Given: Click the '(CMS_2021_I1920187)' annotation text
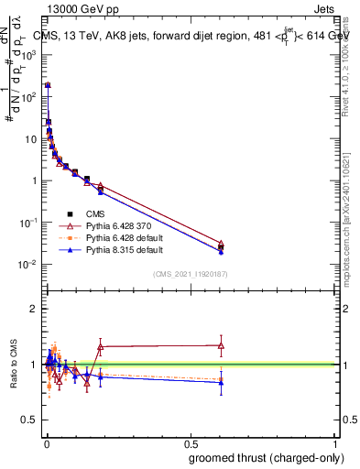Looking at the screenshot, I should tap(190, 275).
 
